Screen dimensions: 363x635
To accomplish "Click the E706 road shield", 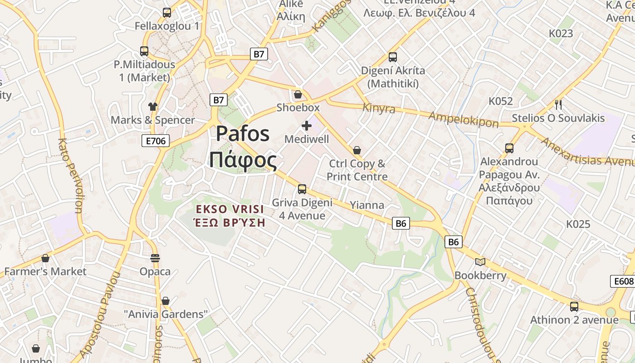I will click(156, 141).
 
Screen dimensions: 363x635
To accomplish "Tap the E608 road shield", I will click(623, 281).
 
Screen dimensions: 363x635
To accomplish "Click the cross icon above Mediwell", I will click(307, 126).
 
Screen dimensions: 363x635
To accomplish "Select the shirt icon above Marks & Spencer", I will click(153, 107).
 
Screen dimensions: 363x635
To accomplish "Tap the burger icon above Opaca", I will click(155, 258).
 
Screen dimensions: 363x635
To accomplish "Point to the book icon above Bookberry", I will click(480, 262).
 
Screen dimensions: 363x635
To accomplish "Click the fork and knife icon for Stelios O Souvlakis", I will click(558, 105).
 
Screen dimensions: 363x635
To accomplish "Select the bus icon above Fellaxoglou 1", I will click(167, 13).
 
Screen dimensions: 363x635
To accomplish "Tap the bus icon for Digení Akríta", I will click(393, 57).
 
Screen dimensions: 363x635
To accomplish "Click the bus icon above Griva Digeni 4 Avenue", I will click(302, 189).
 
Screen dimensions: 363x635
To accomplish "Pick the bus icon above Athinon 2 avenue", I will click(574, 306).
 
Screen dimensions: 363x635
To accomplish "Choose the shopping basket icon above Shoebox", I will click(298, 94).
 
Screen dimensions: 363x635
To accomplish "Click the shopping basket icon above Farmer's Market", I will click(45, 258).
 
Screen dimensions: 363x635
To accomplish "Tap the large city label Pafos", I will click(243, 134).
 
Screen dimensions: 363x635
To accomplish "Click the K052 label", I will click(500, 101).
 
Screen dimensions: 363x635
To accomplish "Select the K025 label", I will click(578, 224).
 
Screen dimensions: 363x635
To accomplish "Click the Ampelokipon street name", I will click(464, 119).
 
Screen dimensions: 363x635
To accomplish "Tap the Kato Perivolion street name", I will click(70, 175).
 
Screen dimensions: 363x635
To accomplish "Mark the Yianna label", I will click(367, 205).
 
